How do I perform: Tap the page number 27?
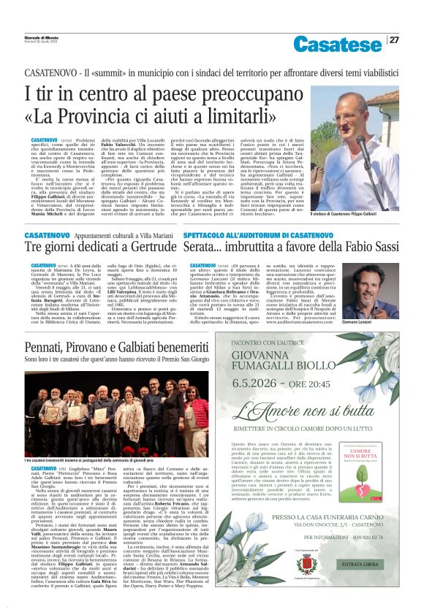[x=394, y=40]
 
